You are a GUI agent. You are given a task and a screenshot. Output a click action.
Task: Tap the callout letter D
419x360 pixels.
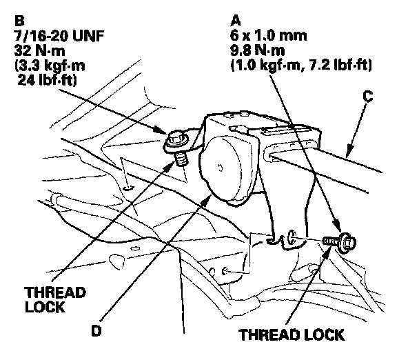(98, 330)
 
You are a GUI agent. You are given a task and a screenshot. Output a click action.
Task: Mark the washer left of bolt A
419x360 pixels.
(292, 238)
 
